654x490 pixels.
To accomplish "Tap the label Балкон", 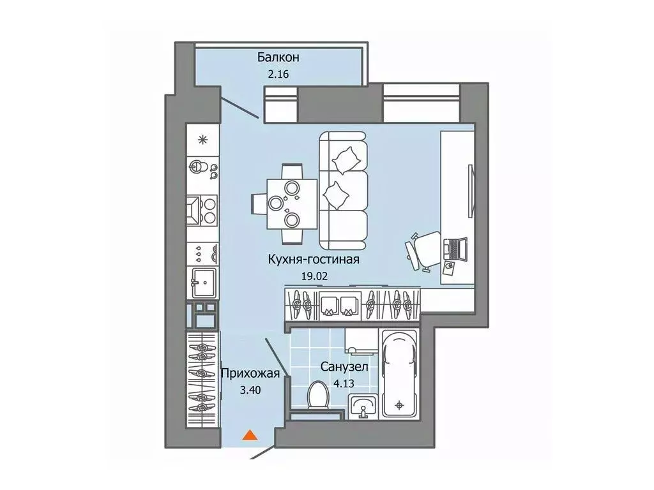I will [278, 57].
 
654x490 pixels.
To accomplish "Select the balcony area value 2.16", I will [278, 74].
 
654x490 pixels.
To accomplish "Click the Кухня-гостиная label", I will [314, 259].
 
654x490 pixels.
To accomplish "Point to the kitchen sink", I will [204, 281].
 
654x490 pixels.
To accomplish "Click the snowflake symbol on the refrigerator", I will [204, 140].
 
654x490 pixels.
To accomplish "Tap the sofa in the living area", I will [344, 190].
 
